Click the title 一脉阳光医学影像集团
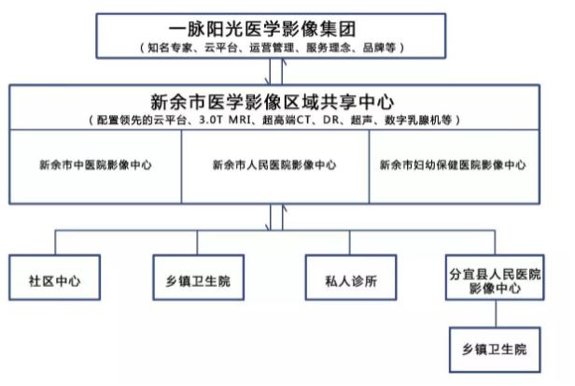(x=262, y=29)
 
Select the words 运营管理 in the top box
(x=272, y=48)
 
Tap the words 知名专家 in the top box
(x=170, y=48)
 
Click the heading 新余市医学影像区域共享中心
(x=273, y=102)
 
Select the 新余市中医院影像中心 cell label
(x=96, y=164)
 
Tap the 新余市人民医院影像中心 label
(x=274, y=164)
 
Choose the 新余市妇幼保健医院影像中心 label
(x=453, y=164)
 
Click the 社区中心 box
(x=55, y=278)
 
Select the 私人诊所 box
(x=351, y=278)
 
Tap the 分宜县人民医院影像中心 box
(x=495, y=278)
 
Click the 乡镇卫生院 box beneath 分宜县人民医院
(x=495, y=350)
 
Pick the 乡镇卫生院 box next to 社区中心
(x=199, y=278)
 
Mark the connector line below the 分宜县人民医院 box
(x=496, y=314)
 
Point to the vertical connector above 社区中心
(x=55, y=243)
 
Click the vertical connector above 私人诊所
(x=349, y=243)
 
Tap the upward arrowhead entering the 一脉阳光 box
(x=283, y=62)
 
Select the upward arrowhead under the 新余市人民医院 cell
(x=284, y=207)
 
